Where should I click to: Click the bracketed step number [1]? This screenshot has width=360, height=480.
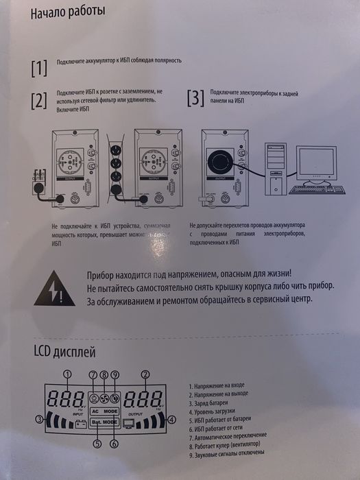(39, 67)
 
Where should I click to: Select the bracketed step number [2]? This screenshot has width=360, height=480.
(39, 101)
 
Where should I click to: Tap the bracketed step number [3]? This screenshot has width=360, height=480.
(195, 98)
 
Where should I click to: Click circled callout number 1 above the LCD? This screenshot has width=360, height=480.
(67, 374)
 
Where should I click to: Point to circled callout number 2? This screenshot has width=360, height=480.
(145, 374)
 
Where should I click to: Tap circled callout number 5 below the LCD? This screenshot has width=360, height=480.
(97, 444)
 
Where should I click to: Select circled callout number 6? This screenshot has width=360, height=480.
(114, 444)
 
